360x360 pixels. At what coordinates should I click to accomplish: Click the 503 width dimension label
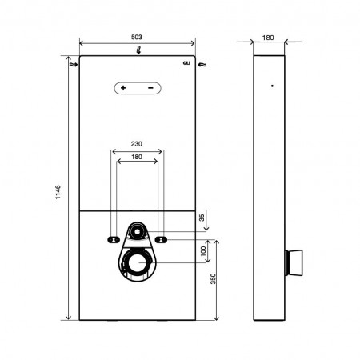[137, 37]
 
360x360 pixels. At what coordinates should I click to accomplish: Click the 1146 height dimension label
[58, 192]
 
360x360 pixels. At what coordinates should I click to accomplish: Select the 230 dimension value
[136, 144]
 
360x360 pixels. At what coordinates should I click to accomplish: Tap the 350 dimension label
[213, 278]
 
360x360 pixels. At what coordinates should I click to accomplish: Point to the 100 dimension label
[203, 251]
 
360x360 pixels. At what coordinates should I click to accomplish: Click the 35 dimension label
[202, 218]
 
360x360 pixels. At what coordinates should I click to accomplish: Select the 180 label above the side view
[268, 38]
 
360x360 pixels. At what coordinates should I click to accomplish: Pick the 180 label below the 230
[137, 157]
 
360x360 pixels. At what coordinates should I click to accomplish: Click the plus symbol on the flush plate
[123, 88]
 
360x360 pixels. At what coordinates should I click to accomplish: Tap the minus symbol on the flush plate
[150, 88]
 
